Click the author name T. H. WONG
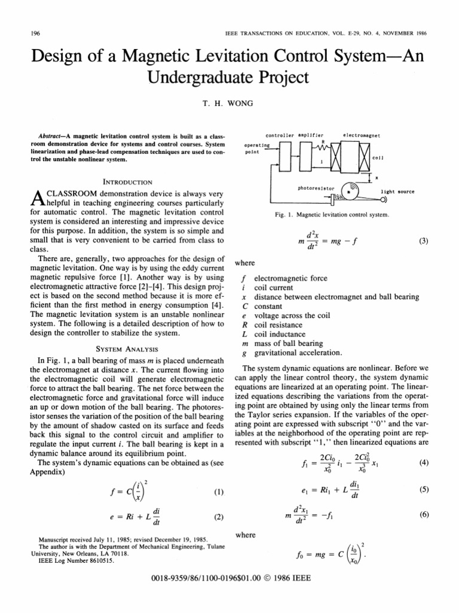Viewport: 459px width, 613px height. coord(229,103)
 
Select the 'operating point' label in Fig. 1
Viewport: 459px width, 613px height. coord(258,149)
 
